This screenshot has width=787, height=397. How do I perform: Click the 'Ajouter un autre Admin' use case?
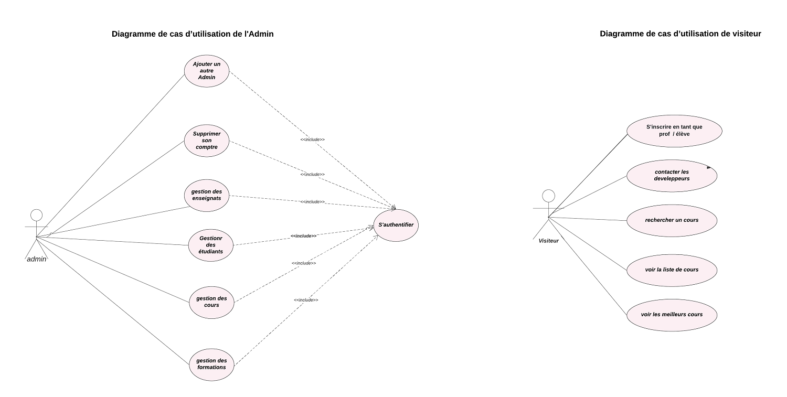tap(207, 71)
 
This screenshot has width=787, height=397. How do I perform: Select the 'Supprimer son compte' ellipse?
tap(207, 140)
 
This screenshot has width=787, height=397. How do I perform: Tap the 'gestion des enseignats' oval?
tap(207, 195)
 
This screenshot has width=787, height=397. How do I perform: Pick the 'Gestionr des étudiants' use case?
tap(211, 245)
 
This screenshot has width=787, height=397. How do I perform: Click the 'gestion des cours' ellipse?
tap(211, 302)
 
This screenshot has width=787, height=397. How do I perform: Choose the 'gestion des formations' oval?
tap(211, 364)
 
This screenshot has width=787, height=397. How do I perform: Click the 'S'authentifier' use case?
tap(396, 225)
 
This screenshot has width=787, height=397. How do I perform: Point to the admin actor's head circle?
tap(36, 215)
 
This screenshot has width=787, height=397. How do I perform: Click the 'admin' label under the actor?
tap(37, 259)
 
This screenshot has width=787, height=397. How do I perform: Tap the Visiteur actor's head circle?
tap(548, 196)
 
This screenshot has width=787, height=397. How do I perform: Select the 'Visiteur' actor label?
tap(549, 241)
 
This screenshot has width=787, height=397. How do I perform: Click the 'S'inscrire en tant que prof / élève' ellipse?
tap(674, 131)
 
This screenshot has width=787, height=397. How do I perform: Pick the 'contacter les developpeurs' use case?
tap(672, 175)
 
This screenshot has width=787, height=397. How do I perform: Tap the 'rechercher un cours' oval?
tap(672, 220)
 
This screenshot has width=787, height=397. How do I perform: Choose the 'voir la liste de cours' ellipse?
tap(672, 270)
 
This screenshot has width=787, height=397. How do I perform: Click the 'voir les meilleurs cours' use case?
tap(672, 315)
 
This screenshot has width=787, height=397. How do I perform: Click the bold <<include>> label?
tap(303, 236)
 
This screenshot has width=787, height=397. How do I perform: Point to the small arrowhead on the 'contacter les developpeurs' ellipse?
tap(709, 167)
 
